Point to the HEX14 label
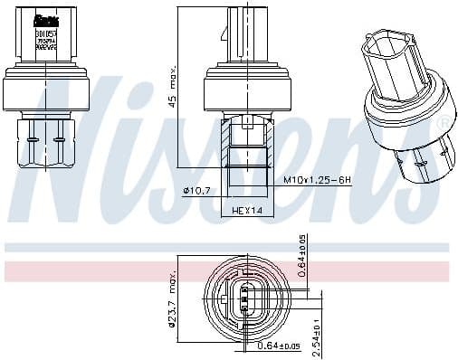tap(246, 210)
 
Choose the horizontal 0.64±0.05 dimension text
tap(276, 344)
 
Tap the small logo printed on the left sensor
tap(43, 19)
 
